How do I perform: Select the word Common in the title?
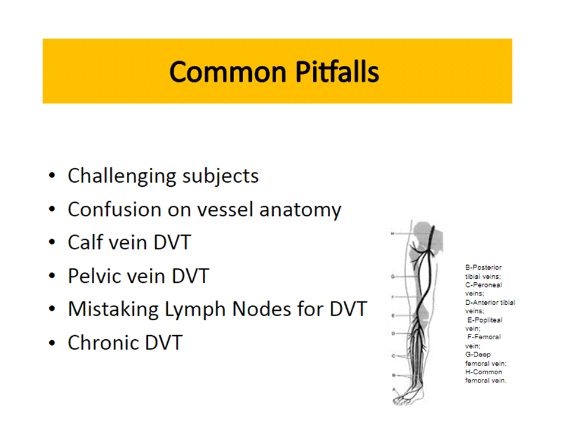point(226,72)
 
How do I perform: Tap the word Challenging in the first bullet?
point(122,176)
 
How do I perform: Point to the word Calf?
point(85,243)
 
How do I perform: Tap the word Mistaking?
point(113,309)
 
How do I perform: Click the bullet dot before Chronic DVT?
point(53,343)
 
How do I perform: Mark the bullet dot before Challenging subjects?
point(53,176)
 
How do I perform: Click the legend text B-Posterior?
point(483,267)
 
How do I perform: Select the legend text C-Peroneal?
point(483,285)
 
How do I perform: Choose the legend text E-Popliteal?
point(484,320)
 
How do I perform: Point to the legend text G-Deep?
point(478,354)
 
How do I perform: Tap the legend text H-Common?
point(483,372)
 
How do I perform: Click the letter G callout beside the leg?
point(392,276)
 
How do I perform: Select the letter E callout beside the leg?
point(392,315)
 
